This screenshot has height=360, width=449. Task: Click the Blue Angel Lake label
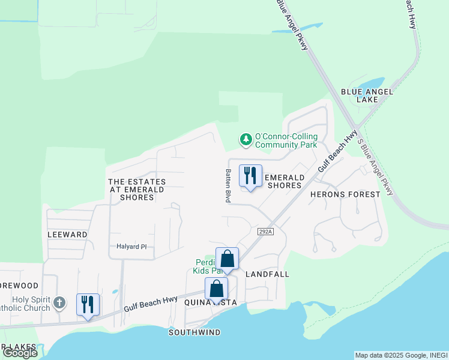[x=367, y=95]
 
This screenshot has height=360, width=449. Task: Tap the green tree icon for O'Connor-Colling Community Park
[x=246, y=140]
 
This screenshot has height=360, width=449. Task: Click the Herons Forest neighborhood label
[x=345, y=194]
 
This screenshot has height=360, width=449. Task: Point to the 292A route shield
[x=265, y=231]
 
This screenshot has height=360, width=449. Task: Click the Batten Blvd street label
[x=228, y=185]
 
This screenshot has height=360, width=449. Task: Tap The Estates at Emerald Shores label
[x=136, y=189]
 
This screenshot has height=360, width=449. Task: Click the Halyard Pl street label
[x=131, y=247]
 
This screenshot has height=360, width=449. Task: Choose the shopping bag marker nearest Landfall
[x=227, y=259]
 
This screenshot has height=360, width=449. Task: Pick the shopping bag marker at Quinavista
[x=216, y=289]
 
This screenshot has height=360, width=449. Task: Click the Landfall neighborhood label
[x=267, y=274]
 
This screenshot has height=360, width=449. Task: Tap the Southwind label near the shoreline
[x=194, y=332]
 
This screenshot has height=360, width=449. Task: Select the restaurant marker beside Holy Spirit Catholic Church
[x=88, y=305]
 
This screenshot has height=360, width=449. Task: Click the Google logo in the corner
[x=20, y=353]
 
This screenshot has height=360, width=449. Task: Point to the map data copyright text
[x=401, y=355]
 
